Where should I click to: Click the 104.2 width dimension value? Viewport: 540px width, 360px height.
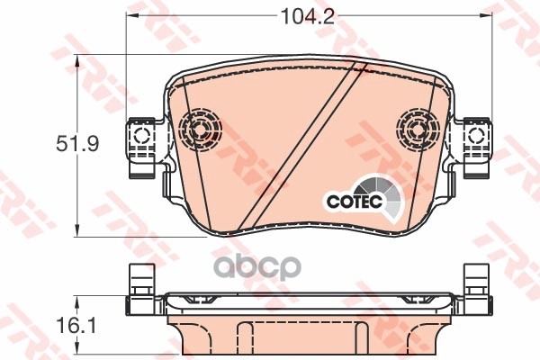[308, 16]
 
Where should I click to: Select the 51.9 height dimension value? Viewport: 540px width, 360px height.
[77, 144]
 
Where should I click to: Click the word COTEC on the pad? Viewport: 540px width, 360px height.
[355, 201]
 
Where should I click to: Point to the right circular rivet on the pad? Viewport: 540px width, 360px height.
[417, 130]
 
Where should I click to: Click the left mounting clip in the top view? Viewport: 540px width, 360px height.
[141, 148]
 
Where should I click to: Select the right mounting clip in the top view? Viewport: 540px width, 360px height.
[477, 148]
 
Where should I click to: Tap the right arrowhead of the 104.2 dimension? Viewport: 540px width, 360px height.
[486, 15]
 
